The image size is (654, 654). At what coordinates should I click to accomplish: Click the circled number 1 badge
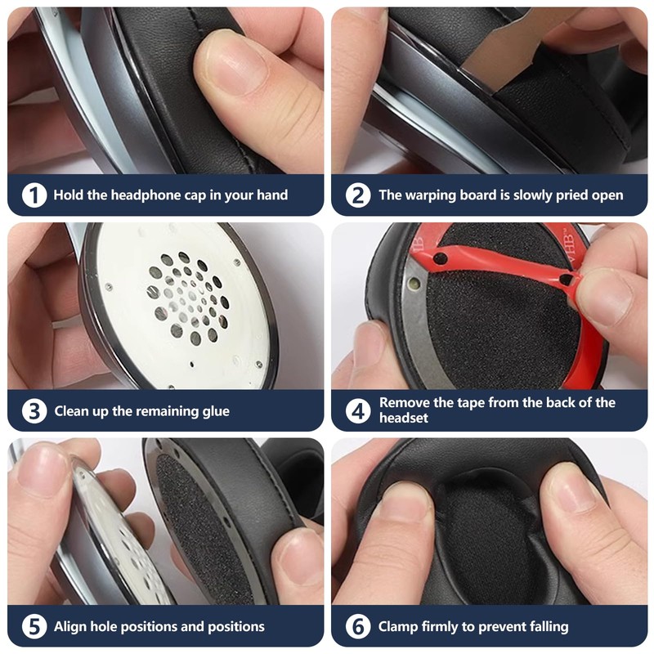pos(34,195)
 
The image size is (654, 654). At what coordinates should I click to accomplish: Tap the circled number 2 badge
pos(358,195)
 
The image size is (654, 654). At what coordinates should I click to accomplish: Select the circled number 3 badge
pos(34,411)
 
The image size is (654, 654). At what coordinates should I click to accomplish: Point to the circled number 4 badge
pos(358,411)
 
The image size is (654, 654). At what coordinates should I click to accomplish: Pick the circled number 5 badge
pos(34,626)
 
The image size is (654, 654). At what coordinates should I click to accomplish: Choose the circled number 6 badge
pos(358,626)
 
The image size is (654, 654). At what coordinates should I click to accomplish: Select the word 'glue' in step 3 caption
pos(216,412)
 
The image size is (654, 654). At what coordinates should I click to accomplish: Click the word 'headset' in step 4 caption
pos(403,418)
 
